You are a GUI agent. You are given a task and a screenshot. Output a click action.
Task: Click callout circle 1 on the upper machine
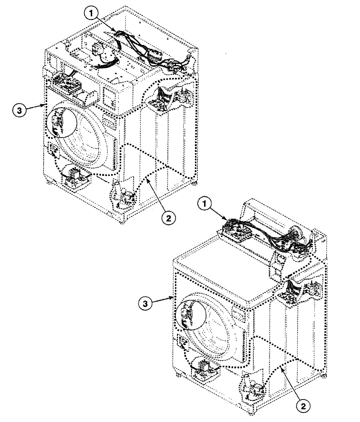[91, 13]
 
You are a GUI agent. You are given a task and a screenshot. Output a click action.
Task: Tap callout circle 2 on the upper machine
[169, 218]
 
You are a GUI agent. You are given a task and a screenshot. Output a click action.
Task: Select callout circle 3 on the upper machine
[19, 111]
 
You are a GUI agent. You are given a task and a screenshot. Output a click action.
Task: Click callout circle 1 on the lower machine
[204, 204]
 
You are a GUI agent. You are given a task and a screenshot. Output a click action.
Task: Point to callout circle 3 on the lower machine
[145, 303]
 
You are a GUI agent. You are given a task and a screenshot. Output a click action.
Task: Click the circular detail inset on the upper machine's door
[62, 122]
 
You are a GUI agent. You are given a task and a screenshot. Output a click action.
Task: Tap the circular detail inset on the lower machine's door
[191, 315]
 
